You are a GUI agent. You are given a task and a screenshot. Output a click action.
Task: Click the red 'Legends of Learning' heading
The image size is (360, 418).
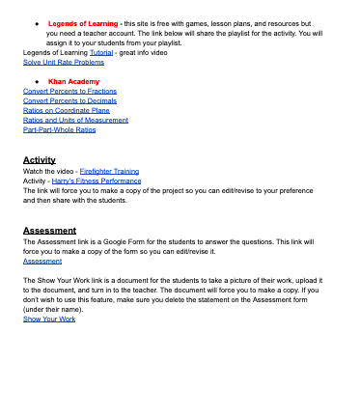coord(83,22)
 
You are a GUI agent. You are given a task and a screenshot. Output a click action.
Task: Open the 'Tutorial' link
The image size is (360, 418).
coord(101,51)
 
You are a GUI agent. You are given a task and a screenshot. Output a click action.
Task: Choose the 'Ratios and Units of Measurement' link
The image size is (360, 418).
coord(75,120)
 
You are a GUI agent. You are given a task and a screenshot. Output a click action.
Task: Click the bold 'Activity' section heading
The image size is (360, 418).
coord(39,159)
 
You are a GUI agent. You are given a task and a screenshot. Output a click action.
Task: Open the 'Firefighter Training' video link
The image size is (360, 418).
coord(109,171)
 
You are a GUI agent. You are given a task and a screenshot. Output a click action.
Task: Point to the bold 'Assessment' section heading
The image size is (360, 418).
coord(49,231)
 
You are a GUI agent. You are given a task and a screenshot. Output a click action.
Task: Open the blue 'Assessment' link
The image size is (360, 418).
coord(42,261)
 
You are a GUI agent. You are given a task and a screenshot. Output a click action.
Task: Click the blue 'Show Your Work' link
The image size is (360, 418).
coord(48,319)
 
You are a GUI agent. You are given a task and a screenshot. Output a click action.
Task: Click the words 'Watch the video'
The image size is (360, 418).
coord(47,171)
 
